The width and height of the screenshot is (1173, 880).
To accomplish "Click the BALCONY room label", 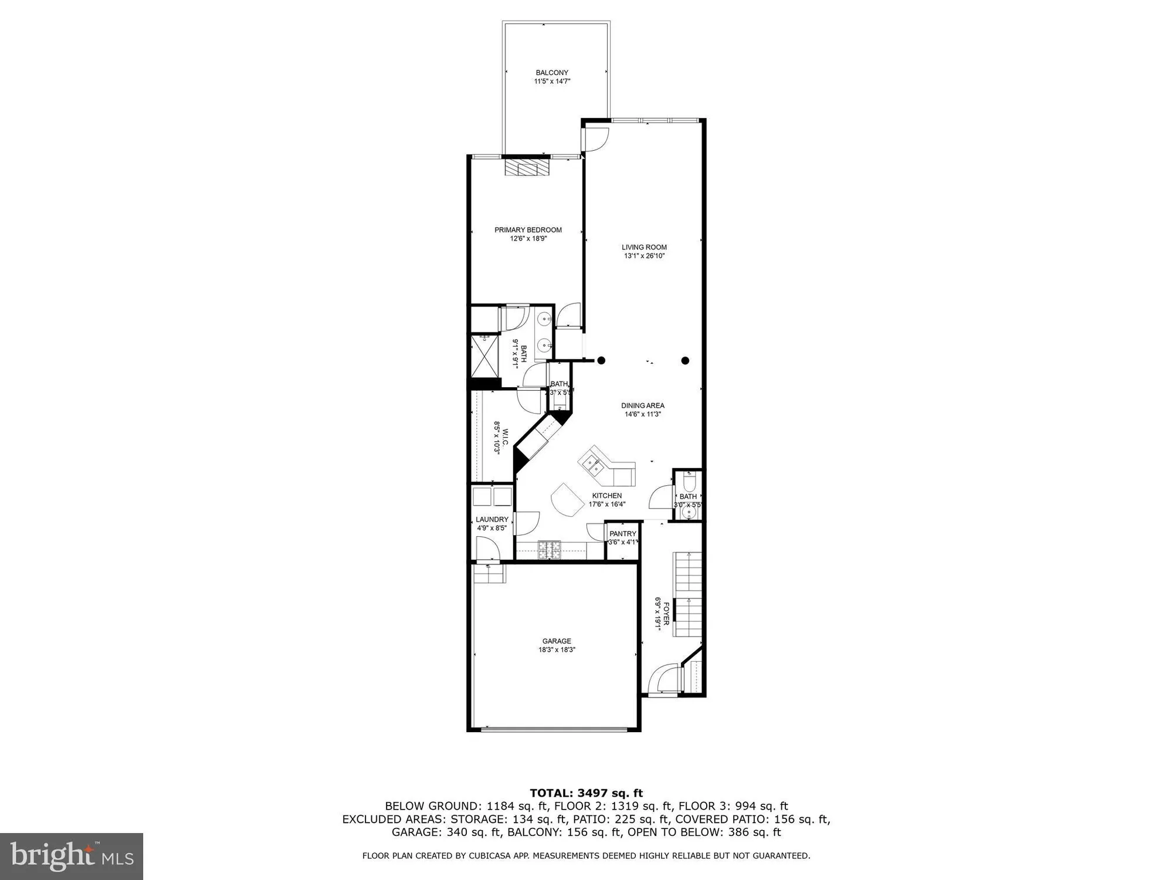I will tap(552, 73).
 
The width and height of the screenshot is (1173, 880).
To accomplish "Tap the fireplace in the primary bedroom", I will tap(528, 168).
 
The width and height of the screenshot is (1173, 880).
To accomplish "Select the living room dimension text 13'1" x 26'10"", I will tap(644, 256).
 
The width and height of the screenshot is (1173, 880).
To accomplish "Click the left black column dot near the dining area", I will tap(601, 361).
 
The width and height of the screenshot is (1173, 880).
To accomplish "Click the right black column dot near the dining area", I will tap(685, 361).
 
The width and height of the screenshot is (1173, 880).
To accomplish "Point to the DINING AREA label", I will tap(643, 405).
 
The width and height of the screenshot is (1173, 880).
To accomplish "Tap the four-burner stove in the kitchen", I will tap(550, 550).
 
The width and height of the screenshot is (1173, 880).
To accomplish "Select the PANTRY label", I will tap(622, 534).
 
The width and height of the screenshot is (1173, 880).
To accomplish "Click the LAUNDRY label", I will tap(492, 519).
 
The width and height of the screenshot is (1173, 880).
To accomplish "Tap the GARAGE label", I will tap(557, 641).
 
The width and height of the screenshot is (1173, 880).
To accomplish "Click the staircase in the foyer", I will tap(688, 593).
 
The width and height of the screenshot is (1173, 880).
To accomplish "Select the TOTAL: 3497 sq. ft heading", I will tap(586, 793).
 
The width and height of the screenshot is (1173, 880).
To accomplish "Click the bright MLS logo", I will tap(72, 856).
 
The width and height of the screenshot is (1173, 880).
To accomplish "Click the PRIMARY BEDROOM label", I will tap(528, 230).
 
